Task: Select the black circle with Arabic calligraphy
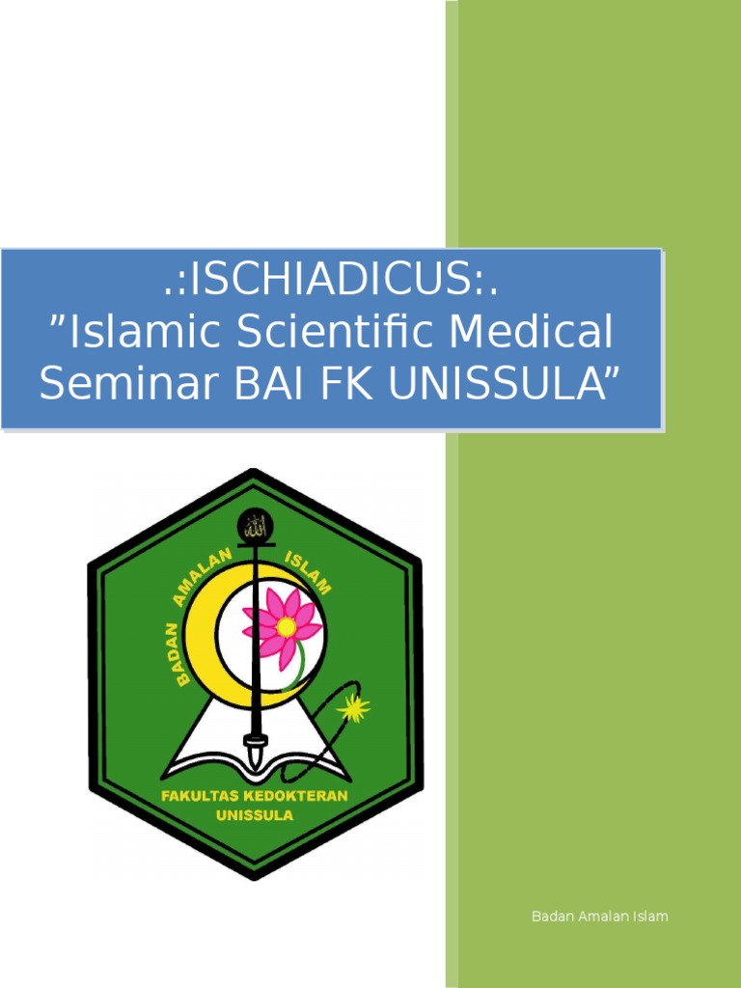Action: pyautogui.click(x=255, y=527)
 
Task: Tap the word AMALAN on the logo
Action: pyautogui.click(x=204, y=577)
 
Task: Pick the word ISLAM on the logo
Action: pyautogui.click(x=308, y=574)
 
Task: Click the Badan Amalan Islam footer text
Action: pyautogui.click(x=599, y=916)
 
